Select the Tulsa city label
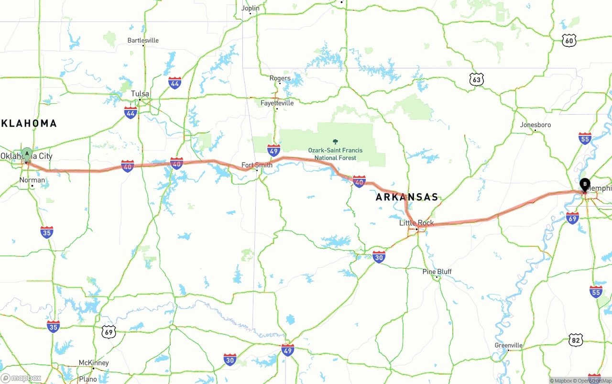(140, 94)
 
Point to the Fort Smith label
(257, 165)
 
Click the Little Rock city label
(416, 223)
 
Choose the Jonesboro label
(535, 125)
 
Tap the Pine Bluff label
(437, 272)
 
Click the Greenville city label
(508, 345)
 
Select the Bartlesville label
(143, 40)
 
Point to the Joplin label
(251, 8)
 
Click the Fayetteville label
(277, 103)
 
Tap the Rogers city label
(280, 78)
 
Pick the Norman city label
(32, 180)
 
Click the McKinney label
(93, 363)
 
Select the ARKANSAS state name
(406, 197)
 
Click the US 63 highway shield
(476, 79)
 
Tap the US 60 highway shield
(569, 40)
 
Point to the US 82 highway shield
(576, 340)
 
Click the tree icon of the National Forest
(335, 142)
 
